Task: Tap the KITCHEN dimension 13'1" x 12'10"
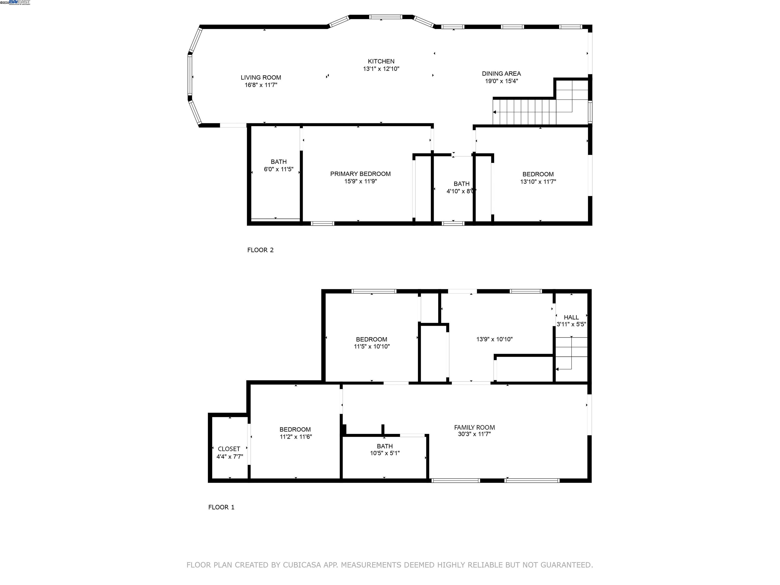click(x=381, y=69)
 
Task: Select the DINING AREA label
click(x=501, y=73)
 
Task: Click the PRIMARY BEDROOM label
click(x=360, y=174)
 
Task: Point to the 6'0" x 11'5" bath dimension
click(x=279, y=169)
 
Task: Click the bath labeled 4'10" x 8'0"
click(x=461, y=184)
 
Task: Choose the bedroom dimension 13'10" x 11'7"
click(x=538, y=182)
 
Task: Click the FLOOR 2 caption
click(x=260, y=250)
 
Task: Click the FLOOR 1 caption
click(x=221, y=507)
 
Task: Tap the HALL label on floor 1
click(x=571, y=317)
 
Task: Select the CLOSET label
click(x=229, y=449)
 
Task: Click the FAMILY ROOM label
click(x=474, y=427)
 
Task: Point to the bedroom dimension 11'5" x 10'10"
click(x=372, y=346)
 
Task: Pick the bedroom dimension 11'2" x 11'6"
click(x=296, y=436)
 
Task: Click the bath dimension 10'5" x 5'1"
click(x=384, y=453)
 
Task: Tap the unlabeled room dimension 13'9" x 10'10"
click(x=494, y=339)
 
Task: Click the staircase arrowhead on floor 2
click(x=495, y=112)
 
